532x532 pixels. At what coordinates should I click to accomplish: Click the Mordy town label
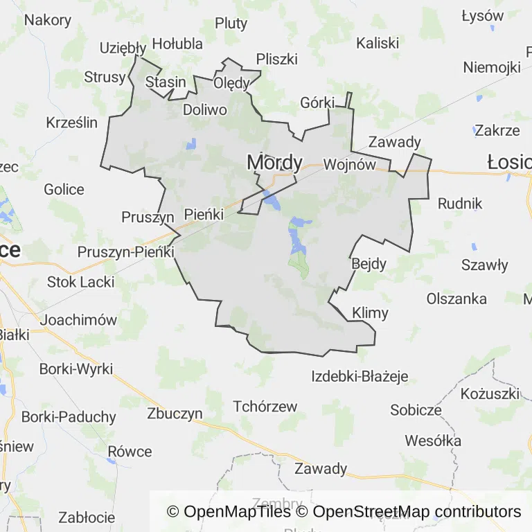tap(274, 162)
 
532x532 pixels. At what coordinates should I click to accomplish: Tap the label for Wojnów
tap(349, 165)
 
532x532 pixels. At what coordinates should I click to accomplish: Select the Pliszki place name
tap(276, 59)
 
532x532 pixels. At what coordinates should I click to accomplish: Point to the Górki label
tap(317, 103)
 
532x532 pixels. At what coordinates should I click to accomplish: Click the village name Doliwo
tap(205, 109)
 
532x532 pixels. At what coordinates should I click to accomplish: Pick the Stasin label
tap(166, 82)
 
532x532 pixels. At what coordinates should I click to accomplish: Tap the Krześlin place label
tap(72, 123)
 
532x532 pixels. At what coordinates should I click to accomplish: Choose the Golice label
tap(64, 189)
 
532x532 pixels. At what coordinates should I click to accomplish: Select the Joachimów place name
tap(78, 320)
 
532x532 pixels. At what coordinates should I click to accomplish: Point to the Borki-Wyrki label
tap(76, 369)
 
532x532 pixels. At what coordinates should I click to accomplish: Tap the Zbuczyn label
tap(175, 414)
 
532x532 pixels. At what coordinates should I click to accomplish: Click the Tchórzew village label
tap(265, 407)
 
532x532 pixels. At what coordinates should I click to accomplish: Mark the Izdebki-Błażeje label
tap(360, 377)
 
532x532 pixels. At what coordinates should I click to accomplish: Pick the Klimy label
tap(370, 312)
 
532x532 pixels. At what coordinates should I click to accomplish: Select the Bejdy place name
tap(369, 263)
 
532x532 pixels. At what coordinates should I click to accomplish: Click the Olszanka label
tap(456, 299)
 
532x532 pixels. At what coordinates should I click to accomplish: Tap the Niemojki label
tap(492, 67)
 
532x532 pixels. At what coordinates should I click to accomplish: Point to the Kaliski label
tap(378, 43)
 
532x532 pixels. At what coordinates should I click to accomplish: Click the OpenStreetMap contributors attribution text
tap(417, 512)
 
